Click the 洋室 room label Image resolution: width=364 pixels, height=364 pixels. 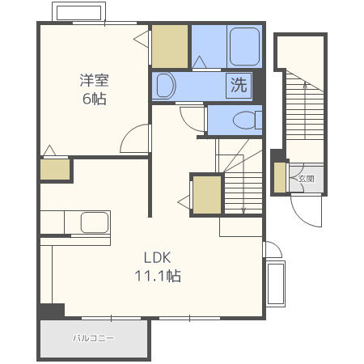(x=94, y=80)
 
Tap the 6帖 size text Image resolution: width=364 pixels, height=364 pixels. (x=94, y=99)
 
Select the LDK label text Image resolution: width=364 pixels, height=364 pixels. (x=158, y=258)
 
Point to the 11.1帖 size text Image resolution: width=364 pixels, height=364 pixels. (x=158, y=276)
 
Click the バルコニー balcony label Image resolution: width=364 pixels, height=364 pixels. (x=93, y=338)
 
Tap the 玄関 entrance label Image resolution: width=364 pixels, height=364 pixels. (x=307, y=179)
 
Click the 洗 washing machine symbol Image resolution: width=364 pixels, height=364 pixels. (x=239, y=85)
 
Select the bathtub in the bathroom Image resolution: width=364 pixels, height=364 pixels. (x=245, y=47)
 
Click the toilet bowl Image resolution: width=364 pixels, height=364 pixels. (x=244, y=120)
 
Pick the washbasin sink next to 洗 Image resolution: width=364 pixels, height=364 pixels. (x=166, y=86)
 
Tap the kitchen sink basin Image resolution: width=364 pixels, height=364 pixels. (x=95, y=222)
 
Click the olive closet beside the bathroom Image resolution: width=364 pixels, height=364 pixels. (x=170, y=46)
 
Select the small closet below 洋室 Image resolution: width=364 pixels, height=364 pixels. (x=55, y=169)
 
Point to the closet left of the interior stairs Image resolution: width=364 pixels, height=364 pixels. (x=207, y=195)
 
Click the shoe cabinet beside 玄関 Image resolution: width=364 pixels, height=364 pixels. (x=280, y=177)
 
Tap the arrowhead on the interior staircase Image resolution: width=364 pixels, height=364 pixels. (x=243, y=210)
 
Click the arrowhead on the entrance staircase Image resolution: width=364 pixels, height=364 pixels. (x=305, y=85)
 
